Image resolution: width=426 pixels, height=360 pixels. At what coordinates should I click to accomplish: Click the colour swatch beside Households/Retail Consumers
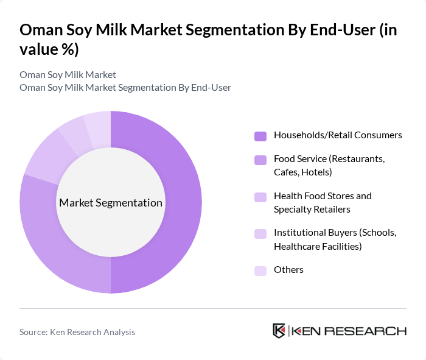tap(260, 135)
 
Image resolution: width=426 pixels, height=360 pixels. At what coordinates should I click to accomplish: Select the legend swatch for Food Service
tap(260, 160)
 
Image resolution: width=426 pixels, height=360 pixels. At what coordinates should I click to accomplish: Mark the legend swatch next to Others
tap(260, 270)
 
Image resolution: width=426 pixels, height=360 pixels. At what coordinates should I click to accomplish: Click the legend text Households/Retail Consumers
tap(338, 135)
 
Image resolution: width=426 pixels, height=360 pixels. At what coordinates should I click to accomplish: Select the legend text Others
tap(288, 270)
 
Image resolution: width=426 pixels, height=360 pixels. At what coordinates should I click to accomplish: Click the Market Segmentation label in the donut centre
tap(111, 203)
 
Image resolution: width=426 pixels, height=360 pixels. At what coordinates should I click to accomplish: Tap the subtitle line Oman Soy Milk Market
tap(68, 75)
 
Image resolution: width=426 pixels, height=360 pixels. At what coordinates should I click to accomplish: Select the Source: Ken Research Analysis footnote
tap(77, 332)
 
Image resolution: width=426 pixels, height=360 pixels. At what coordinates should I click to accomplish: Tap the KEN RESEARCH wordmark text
tap(349, 331)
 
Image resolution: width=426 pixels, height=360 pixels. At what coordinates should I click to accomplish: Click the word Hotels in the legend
tap(315, 172)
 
